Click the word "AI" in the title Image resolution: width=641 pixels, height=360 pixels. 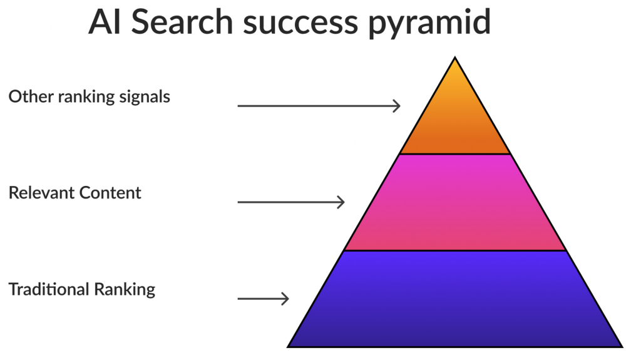tap(105, 22)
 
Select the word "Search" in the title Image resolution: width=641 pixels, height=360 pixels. tap(182, 22)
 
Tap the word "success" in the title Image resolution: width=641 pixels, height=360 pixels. tap(300, 24)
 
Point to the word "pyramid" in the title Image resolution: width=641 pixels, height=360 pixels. tap(429, 24)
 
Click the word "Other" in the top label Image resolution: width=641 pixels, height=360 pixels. tap(31, 96)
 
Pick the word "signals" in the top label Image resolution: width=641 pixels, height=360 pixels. tap(145, 98)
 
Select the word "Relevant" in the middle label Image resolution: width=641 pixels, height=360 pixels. tap(41, 193)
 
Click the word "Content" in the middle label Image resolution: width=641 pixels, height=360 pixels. tap(110, 193)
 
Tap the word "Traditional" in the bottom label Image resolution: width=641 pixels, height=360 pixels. tap(49, 289)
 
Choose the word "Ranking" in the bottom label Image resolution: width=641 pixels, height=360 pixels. tap(125, 290)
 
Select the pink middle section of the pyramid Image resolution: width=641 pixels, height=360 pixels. tap(455, 202)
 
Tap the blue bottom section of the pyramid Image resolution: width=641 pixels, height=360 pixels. tap(455, 299)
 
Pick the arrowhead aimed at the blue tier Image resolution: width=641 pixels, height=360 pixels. tap(285, 299)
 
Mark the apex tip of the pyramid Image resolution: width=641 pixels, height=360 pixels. tap(455, 57)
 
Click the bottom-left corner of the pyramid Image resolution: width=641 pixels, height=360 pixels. tap(287, 347)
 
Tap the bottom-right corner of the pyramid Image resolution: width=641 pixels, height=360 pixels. tap(623, 347)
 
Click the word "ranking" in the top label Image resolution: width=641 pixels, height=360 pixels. tap(86, 98)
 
